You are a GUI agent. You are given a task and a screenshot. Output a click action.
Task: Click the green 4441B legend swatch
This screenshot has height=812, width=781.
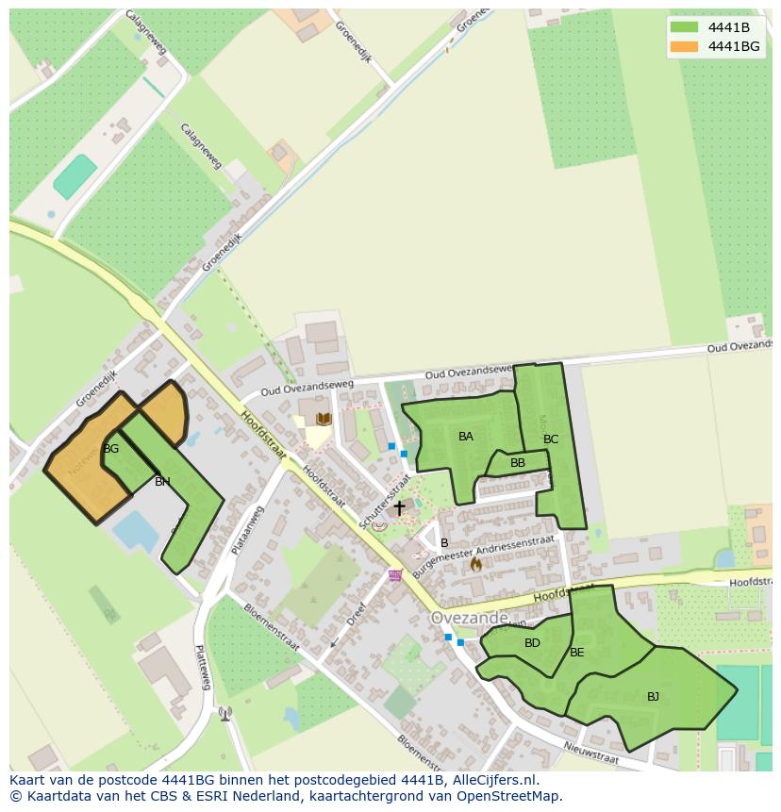click(x=684, y=27)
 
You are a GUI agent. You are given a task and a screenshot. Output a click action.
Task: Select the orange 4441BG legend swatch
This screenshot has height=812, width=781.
click(x=684, y=46)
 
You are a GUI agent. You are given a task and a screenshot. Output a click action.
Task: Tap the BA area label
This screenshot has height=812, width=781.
click(x=466, y=437)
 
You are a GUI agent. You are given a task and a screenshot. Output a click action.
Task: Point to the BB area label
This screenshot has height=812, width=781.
click(x=518, y=463)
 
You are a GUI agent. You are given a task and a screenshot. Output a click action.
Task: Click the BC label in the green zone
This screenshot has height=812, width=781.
click(x=551, y=439)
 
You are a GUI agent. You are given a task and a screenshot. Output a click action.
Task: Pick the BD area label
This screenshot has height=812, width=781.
click(x=532, y=643)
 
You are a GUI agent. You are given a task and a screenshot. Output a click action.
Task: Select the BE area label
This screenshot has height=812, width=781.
click(x=577, y=653)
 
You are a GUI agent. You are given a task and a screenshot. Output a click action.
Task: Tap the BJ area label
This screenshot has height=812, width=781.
click(x=653, y=697)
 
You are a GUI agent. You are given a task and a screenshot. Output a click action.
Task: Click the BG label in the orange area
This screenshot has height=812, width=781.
click(x=111, y=449)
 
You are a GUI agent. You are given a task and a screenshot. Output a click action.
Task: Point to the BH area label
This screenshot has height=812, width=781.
click(x=162, y=482)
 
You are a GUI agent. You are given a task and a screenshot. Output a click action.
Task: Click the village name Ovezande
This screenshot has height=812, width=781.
click(x=469, y=618)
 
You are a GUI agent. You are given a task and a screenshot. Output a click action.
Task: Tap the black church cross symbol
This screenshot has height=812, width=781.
click(x=399, y=508)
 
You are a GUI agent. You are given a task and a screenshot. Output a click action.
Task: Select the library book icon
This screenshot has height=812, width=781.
click(x=324, y=419)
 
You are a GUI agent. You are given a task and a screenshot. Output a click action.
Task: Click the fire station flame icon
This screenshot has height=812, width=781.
click(x=475, y=564)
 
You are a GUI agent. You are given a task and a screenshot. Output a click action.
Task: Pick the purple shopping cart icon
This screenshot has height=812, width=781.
click(x=395, y=574)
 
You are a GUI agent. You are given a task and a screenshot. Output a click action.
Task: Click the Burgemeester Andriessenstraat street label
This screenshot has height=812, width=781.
click(x=484, y=546)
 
